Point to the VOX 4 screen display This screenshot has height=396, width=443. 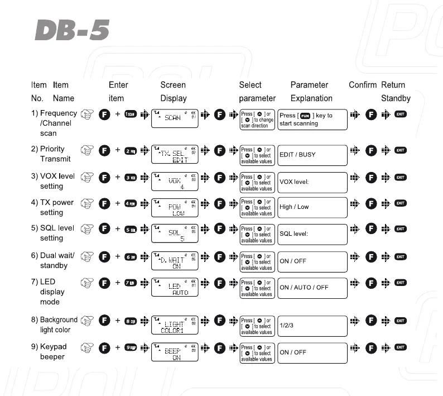175,181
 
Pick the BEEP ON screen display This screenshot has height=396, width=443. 175,352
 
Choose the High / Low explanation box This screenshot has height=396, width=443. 312,207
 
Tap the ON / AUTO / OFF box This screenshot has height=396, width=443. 312,288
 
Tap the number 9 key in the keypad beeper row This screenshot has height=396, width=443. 131,347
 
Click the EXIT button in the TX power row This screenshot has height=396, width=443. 400,203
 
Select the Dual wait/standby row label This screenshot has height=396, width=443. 56,260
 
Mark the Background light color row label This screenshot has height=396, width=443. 58,325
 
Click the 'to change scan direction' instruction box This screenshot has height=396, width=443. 257,120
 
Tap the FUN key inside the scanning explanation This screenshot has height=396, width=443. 305,116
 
